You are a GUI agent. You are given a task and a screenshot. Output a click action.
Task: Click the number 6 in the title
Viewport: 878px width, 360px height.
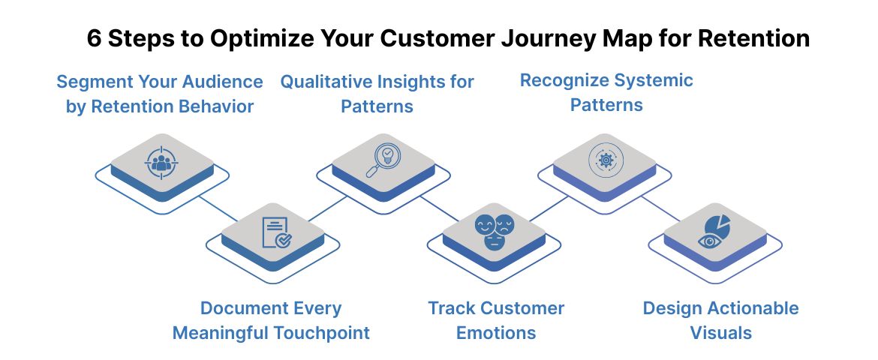[x=94, y=38]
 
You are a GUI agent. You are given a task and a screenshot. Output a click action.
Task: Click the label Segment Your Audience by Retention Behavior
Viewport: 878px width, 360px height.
[x=159, y=94]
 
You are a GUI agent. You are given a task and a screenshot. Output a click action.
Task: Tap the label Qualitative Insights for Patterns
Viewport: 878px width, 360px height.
[x=377, y=94]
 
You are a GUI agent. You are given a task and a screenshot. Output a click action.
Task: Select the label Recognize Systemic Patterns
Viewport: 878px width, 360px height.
[x=606, y=92]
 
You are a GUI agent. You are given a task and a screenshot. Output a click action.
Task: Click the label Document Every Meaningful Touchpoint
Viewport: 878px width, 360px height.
[x=271, y=320]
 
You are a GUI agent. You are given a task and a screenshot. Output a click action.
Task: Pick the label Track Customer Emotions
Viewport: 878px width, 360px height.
[x=496, y=320]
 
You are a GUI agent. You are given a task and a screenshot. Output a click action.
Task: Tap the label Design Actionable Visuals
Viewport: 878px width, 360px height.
[x=720, y=320]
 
